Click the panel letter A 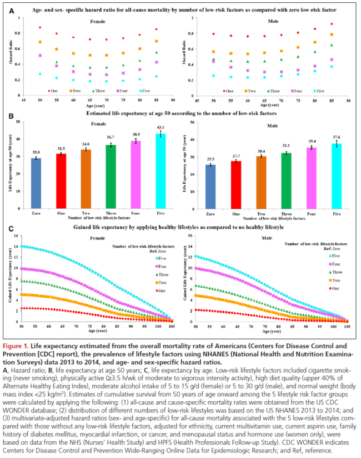pyautogui.click(x=12, y=10)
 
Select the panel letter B pyautogui.click(x=12, y=116)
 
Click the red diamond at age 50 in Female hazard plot pyautogui.click(x=39, y=28)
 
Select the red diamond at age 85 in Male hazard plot pyautogui.click(x=332, y=24)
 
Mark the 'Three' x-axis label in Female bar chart pyautogui.click(x=111, y=197)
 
